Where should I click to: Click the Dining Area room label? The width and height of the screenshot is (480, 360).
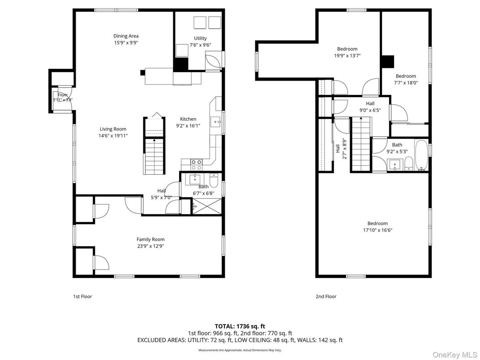coord(126,36)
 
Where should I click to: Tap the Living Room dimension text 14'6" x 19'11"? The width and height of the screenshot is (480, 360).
coord(113,136)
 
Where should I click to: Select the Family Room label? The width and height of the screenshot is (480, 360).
coord(150,240)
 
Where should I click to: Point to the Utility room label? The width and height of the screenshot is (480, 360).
coord(200,39)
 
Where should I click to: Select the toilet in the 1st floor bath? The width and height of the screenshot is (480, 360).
coord(214,181)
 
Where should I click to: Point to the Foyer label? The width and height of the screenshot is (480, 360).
coord(62,95)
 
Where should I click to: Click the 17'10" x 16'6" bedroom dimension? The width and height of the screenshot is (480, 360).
coord(377,230)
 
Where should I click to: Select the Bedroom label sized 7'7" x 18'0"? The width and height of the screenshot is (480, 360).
coord(406,76)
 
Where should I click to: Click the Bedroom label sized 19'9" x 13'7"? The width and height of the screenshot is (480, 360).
coord(347,49)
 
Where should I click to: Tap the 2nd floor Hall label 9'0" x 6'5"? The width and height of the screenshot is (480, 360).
coord(370,104)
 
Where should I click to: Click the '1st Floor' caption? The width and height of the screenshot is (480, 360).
coord(82,296)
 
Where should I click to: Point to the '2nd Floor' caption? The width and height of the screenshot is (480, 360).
coord(326,296)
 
